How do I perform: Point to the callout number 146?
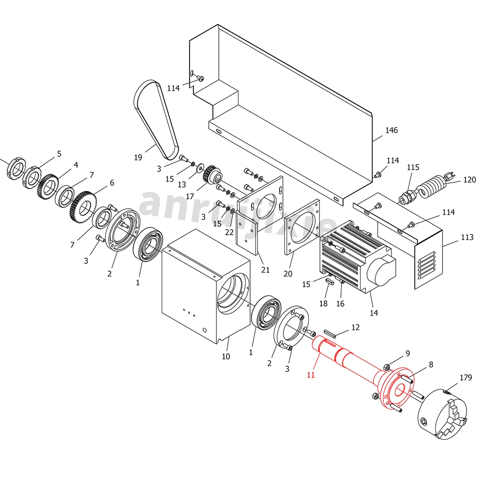click(x=392, y=130)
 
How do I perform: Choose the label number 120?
click(x=469, y=180)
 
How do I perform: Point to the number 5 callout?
click(x=59, y=154)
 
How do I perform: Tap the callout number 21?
click(x=265, y=269)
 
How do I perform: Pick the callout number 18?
click(x=323, y=304)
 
